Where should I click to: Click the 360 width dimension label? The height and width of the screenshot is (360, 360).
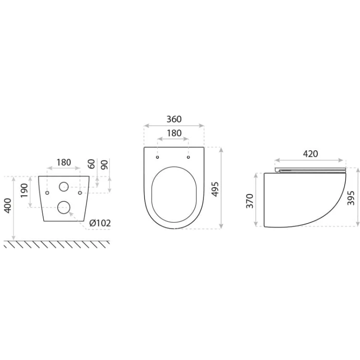174,119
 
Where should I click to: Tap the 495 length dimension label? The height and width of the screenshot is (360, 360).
215,189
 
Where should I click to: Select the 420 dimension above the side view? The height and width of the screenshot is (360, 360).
311,154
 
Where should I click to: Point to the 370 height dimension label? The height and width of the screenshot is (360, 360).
250,201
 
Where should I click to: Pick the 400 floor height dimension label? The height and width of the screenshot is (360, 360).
8,206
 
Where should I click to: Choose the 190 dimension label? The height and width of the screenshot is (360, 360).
24,191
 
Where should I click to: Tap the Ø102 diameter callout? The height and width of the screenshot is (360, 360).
100,223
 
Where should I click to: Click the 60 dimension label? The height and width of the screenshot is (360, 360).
91,164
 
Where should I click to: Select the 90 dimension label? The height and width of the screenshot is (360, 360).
104,165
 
